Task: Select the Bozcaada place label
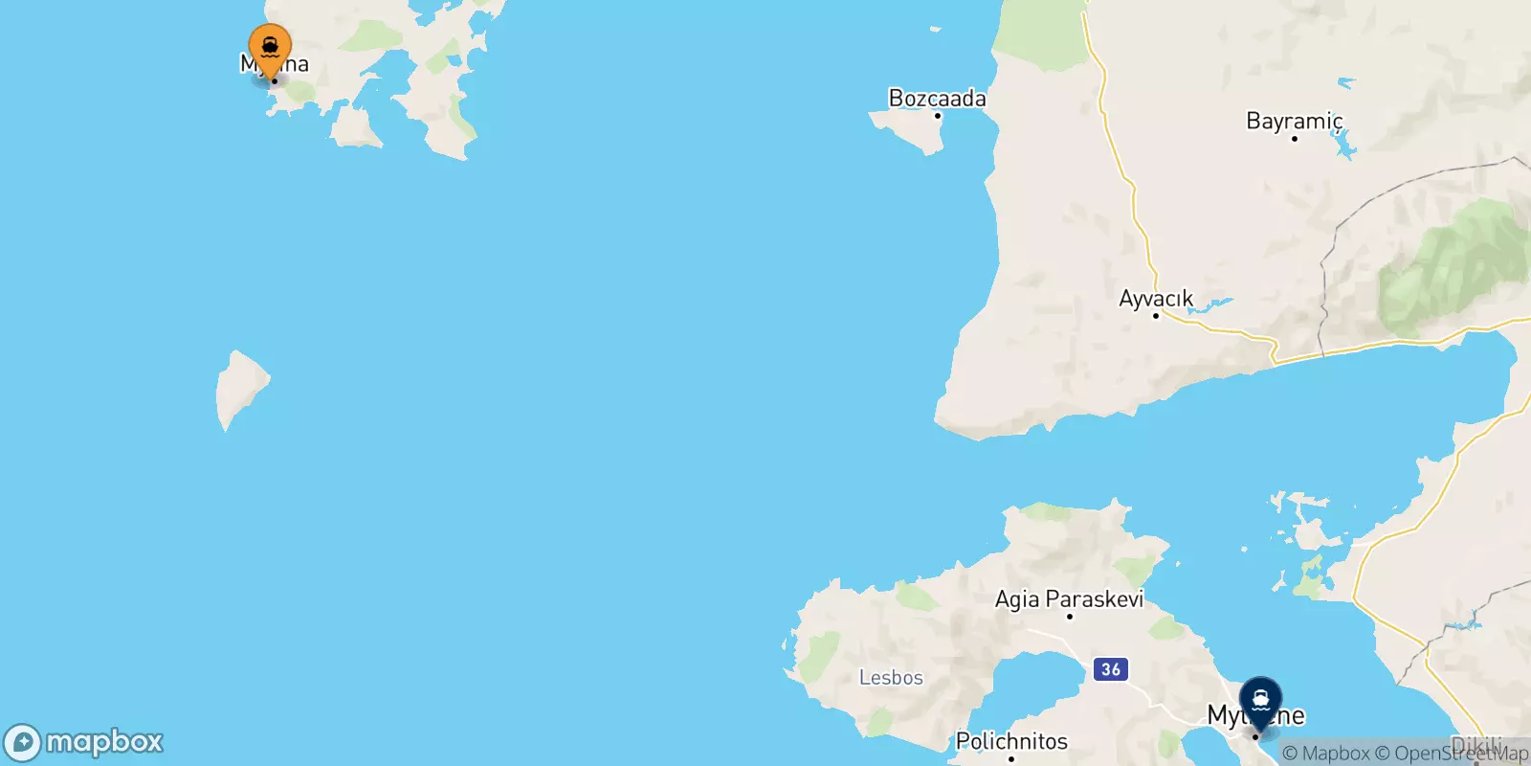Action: pos(937,98)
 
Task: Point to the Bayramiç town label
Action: pos(1294,121)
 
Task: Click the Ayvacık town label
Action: pos(1156,298)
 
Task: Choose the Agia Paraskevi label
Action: pos(1069,598)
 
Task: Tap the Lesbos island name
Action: pos(891,677)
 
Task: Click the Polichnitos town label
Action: pos(1011,740)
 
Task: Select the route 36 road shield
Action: pos(1110,669)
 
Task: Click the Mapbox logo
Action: pos(84,742)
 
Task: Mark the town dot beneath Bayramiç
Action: pos(1294,139)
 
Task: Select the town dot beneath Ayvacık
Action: pos(1155,316)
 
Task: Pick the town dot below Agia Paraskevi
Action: pos(1069,616)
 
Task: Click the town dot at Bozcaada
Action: pos(938,116)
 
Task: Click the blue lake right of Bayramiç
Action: pos(1344,145)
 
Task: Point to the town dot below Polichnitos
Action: pos(1011,758)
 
